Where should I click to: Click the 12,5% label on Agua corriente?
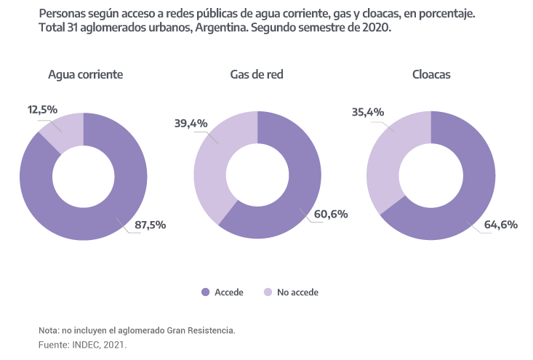43,109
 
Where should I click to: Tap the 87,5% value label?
151,225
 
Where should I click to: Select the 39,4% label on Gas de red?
191,124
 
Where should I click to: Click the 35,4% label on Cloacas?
368,113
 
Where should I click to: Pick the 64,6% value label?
501,225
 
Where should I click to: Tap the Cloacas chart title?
433,74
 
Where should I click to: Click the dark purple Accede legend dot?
206,292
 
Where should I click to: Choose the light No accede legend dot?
268,292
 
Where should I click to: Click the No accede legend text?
298,292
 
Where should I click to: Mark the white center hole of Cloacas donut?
432,175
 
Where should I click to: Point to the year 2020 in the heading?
377,27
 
